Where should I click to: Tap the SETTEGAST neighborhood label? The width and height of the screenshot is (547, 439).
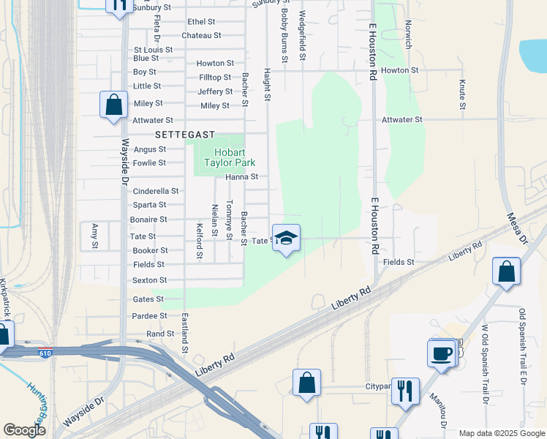point(184,135)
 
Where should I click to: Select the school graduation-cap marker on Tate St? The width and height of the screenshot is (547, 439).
point(287,239)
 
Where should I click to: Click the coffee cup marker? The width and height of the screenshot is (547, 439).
point(442,355)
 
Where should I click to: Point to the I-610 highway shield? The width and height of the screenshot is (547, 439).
point(46,353)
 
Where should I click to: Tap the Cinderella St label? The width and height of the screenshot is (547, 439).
point(155,191)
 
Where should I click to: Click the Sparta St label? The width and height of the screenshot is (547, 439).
point(149,205)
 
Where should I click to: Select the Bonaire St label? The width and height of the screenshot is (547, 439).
point(148,219)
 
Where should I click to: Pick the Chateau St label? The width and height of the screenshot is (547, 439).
point(201,35)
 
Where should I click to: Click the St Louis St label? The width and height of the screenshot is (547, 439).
point(153,50)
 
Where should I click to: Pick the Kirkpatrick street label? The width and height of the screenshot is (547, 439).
point(5,297)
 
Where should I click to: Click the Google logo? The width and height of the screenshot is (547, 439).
point(24,431)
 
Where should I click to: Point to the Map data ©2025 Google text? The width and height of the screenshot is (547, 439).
point(502,433)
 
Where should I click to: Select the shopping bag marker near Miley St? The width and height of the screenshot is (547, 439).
point(114,105)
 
